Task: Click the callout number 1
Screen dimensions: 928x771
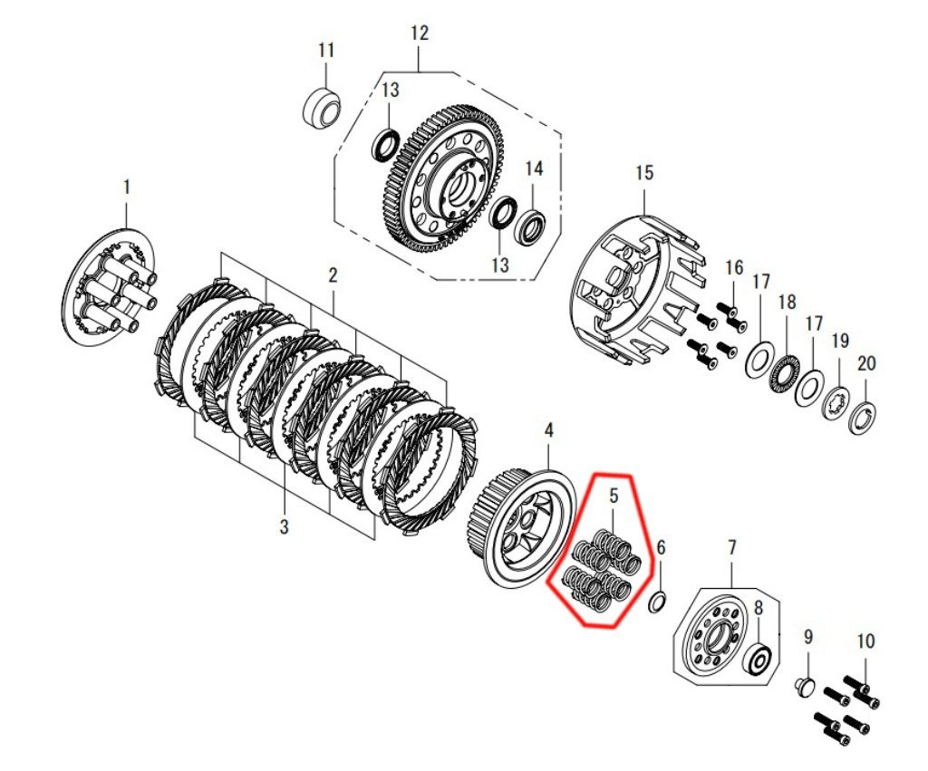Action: [126, 188]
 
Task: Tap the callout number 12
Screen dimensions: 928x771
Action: [419, 34]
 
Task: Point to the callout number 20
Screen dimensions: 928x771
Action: [865, 363]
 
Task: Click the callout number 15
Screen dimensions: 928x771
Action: [644, 173]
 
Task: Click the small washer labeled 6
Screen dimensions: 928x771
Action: [658, 603]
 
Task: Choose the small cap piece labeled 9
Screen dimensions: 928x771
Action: [804, 689]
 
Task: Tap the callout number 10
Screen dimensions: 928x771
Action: [865, 641]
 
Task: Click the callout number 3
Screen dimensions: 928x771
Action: [284, 525]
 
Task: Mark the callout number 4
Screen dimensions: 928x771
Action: [548, 430]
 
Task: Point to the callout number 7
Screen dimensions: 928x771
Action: [731, 547]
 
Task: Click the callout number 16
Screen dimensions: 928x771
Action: [734, 267]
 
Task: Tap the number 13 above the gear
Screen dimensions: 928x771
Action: [390, 90]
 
